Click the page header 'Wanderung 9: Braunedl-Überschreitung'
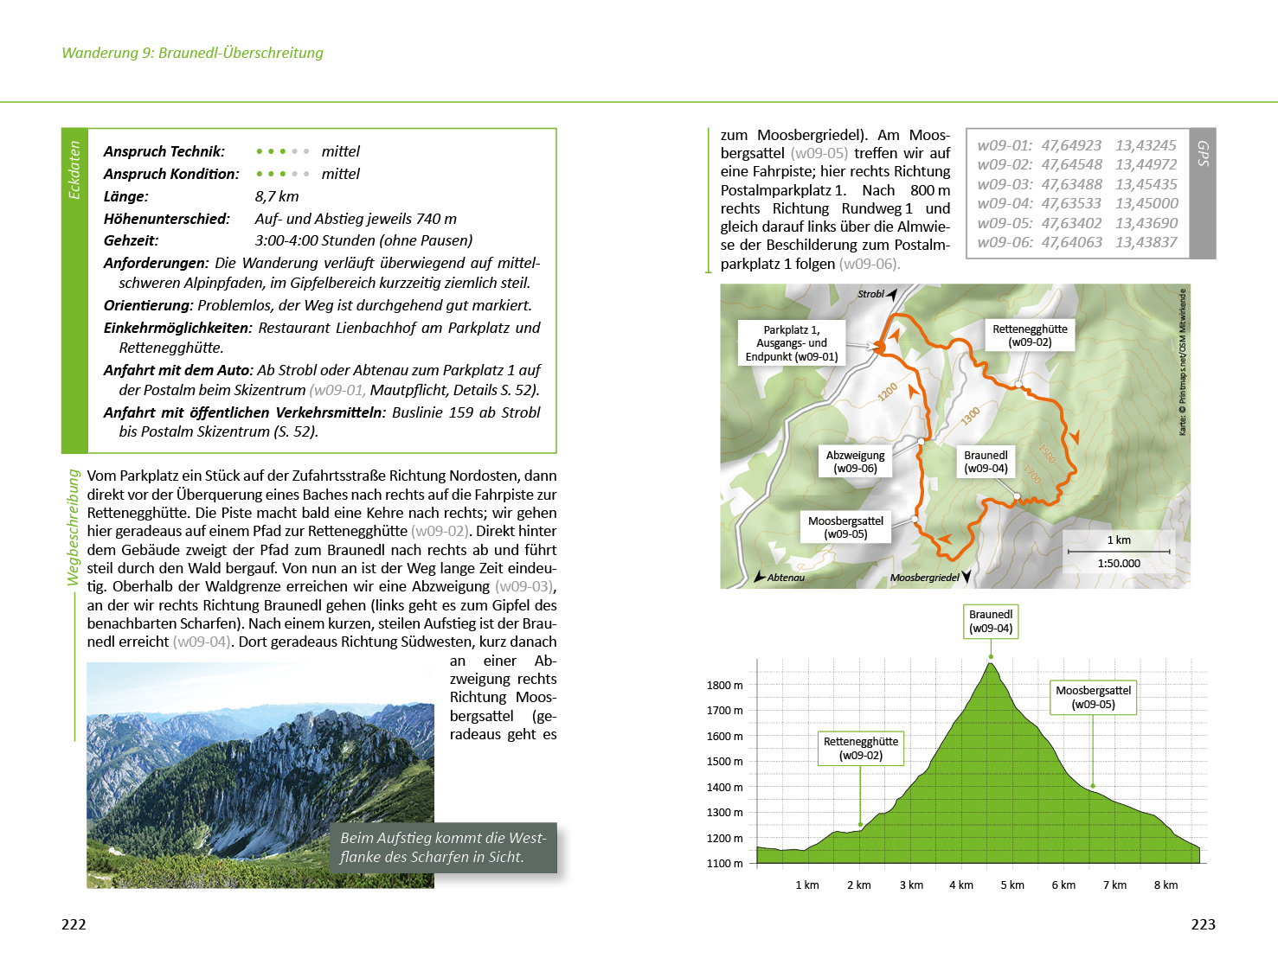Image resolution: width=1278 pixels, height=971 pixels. pos(192,53)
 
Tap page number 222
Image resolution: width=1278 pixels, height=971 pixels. pos(74,924)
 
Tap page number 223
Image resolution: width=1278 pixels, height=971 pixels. pos(1203,924)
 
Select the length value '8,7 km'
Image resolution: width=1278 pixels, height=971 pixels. pos(277,196)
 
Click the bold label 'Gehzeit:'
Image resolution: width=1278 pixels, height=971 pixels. pos(132,240)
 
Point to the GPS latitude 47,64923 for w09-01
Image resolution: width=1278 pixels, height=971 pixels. pos(1071,145)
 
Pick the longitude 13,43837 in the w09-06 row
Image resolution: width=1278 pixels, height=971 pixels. pos(1146,242)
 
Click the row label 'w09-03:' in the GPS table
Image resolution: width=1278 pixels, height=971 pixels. pos(1005,184)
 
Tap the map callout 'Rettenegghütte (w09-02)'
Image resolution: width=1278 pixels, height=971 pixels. pos(1030,335)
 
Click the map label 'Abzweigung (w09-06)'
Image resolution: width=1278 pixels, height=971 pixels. pos(855,462)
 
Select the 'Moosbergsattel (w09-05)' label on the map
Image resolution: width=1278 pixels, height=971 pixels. pos(845,527)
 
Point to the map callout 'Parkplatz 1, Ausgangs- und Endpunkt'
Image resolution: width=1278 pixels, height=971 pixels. pos(792,343)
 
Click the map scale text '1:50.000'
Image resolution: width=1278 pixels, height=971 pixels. pos(1119,564)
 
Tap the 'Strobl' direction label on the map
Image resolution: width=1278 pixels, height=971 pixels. pos(870,294)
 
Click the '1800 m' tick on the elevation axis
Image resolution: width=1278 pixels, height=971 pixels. pos(724,686)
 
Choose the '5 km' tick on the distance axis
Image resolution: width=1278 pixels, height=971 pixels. pos(1012,885)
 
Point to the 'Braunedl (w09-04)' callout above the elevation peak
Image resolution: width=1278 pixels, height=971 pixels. pos(991,622)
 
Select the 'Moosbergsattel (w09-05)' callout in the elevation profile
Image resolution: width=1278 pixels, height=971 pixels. pos(1093,697)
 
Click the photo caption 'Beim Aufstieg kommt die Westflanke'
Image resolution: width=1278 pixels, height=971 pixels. pos(443,847)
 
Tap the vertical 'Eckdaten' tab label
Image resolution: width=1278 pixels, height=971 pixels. pos(74,170)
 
